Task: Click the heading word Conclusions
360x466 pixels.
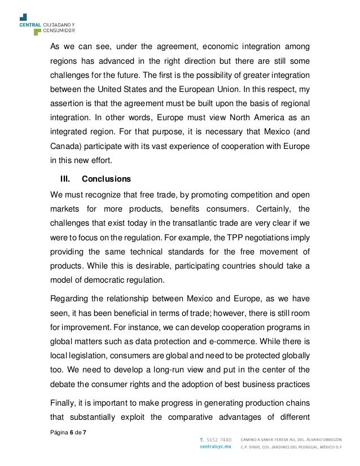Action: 106,179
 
